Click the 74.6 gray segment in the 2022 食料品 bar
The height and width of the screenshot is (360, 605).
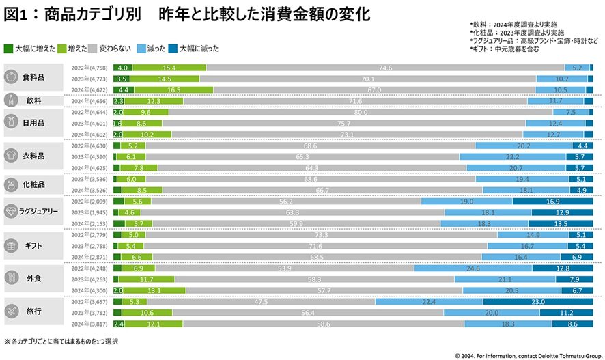point(385,68)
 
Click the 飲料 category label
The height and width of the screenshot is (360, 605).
point(34,100)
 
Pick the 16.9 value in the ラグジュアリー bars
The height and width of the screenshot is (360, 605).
point(552,202)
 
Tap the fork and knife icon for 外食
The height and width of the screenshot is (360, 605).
point(11,278)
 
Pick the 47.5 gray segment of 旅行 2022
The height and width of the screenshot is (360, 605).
point(298,301)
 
